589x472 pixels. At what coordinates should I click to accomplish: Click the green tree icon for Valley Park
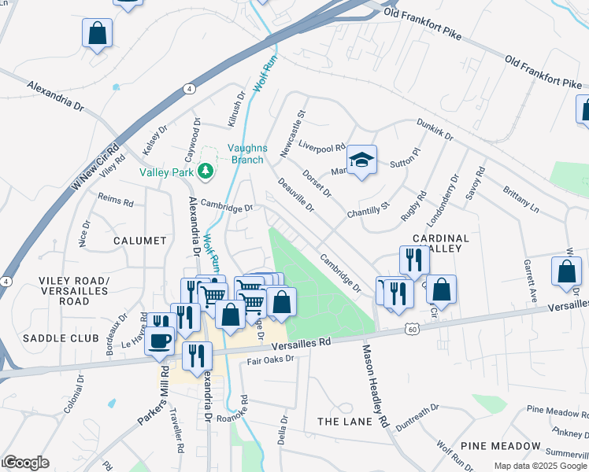205,171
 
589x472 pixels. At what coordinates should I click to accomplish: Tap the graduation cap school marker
362,160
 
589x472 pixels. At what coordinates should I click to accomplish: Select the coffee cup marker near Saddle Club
161,341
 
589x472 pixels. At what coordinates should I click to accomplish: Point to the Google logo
25,463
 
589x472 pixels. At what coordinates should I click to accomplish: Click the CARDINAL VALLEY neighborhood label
440,244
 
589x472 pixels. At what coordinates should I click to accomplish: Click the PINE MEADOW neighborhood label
501,445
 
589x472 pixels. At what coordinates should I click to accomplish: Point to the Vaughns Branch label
248,153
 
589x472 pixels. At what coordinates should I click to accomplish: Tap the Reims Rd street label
116,201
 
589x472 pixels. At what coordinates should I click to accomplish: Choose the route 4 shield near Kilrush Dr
191,89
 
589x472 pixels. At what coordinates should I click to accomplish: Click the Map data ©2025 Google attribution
540,466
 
